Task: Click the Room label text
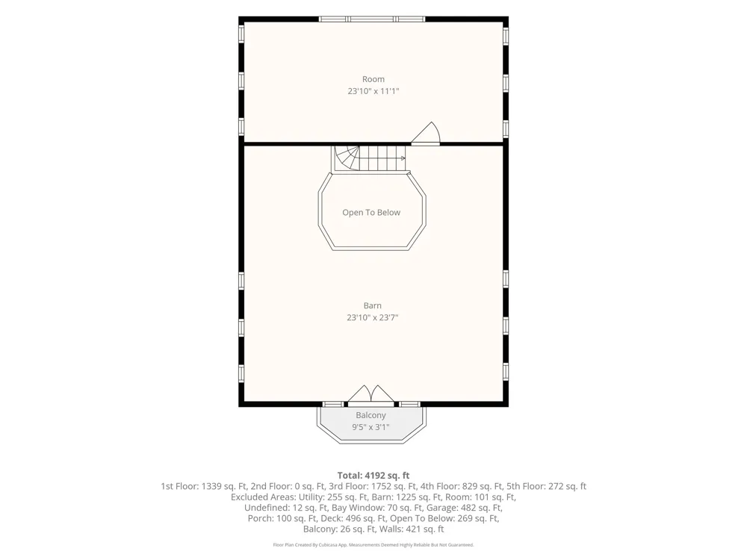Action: coord(373,79)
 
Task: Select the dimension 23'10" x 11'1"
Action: coord(373,91)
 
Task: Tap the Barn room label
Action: coord(373,305)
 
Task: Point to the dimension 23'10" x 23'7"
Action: coord(373,317)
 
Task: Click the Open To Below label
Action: coord(371,212)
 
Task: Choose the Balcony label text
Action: coord(371,415)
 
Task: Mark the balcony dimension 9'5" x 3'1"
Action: coord(371,427)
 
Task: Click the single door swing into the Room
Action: coord(426,133)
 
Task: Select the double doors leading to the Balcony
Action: coord(371,394)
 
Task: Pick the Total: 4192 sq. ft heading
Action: coord(373,475)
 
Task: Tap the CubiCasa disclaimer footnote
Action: coord(373,545)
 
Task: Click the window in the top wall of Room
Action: coord(371,19)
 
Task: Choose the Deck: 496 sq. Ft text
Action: coord(353,518)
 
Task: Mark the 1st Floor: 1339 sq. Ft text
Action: coord(204,486)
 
